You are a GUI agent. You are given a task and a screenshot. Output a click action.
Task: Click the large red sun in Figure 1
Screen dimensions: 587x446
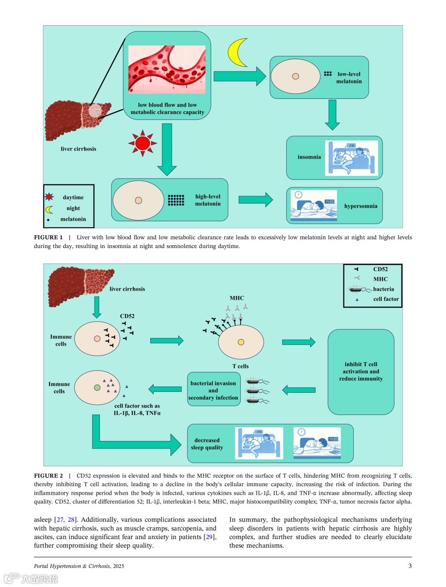[142, 143]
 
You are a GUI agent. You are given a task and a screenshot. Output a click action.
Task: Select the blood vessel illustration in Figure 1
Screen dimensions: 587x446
[167, 69]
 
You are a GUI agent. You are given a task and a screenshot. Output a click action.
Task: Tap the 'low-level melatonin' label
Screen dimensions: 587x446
[349, 78]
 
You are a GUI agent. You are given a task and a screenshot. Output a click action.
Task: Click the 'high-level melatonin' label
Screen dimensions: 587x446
[208, 200]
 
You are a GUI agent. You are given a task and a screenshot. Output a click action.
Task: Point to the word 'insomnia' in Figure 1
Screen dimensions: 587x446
[309, 157]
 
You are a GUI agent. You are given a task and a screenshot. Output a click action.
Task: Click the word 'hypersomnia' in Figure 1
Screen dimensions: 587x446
[361, 206]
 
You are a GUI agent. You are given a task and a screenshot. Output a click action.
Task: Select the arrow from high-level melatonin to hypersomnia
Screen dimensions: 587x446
[256, 200]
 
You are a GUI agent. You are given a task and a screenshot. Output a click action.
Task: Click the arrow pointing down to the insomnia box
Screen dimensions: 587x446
[332, 115]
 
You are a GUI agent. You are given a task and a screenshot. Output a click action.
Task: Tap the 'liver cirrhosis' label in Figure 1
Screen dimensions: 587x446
[78, 149]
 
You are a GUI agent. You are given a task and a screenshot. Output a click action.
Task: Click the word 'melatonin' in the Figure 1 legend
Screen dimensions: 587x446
[73, 219]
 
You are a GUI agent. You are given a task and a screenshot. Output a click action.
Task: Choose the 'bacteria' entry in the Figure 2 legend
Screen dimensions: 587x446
[383, 289]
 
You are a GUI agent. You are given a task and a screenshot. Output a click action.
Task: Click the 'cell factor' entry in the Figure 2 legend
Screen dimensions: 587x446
[386, 299]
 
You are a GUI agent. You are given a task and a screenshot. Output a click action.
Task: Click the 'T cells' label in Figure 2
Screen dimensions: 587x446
[240, 366]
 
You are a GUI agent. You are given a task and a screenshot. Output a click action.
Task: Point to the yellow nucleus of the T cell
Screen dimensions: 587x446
[241, 342]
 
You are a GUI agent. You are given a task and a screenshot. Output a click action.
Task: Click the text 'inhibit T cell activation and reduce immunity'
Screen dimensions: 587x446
[361, 372]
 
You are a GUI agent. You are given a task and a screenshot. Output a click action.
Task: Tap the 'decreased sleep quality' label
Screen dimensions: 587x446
[207, 444]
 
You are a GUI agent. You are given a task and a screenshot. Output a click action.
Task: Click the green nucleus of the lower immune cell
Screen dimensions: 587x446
[97, 388]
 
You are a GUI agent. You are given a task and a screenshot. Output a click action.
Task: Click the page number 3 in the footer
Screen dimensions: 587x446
[410, 566]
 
